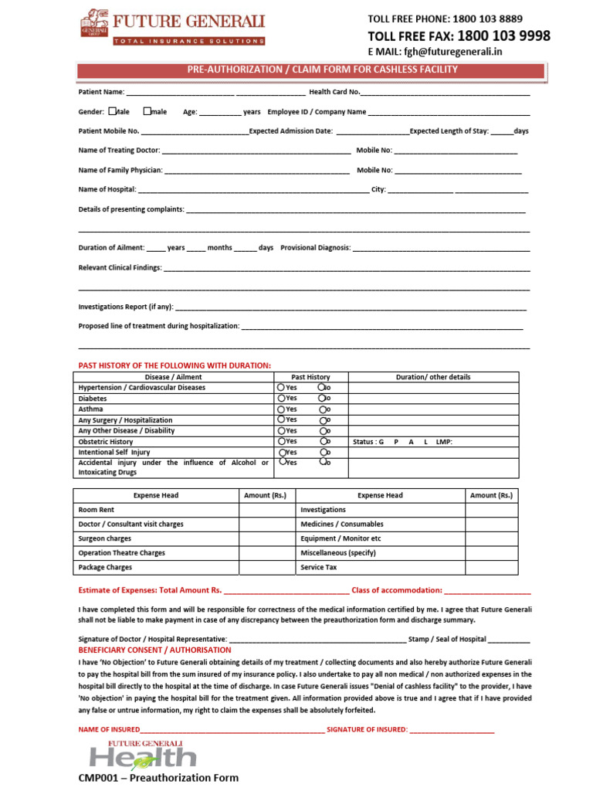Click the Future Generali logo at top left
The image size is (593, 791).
[x=173, y=28]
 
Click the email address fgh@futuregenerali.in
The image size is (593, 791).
[x=447, y=53]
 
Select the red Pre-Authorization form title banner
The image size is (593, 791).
[x=322, y=70]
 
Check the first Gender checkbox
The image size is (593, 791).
[x=113, y=111]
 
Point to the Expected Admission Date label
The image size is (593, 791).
[x=291, y=131]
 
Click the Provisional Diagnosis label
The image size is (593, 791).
[x=315, y=248]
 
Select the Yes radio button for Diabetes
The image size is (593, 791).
[x=281, y=399]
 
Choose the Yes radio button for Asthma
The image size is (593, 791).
[x=281, y=409]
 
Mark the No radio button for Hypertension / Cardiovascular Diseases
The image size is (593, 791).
[x=321, y=387]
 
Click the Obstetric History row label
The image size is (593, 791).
[x=106, y=442]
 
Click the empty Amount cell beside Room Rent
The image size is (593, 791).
[x=267, y=510]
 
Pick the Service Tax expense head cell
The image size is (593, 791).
[x=319, y=567]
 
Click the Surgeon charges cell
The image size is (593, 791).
[x=105, y=538]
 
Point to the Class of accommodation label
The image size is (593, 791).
[x=397, y=590]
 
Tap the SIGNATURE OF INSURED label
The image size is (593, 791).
[x=367, y=729]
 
